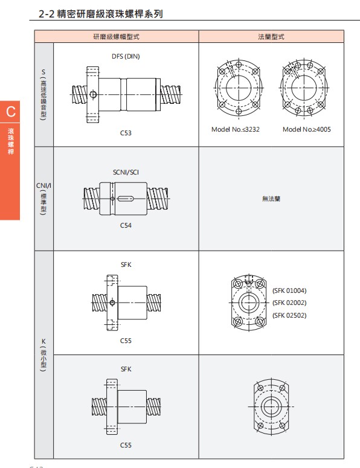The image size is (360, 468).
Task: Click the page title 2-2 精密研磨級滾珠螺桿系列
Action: [101, 14]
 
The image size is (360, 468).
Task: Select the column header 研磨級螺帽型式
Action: [117, 37]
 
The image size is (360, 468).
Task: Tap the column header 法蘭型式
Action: [271, 37]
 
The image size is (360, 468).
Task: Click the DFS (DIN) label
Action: [126, 56]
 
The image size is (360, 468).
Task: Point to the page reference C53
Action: [126, 133]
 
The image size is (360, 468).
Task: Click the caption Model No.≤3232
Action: [236, 129]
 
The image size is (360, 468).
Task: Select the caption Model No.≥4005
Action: [307, 129]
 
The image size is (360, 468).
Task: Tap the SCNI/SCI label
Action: [126, 172]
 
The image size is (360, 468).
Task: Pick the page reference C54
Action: [126, 225]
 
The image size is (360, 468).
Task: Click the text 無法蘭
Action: [271, 199]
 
